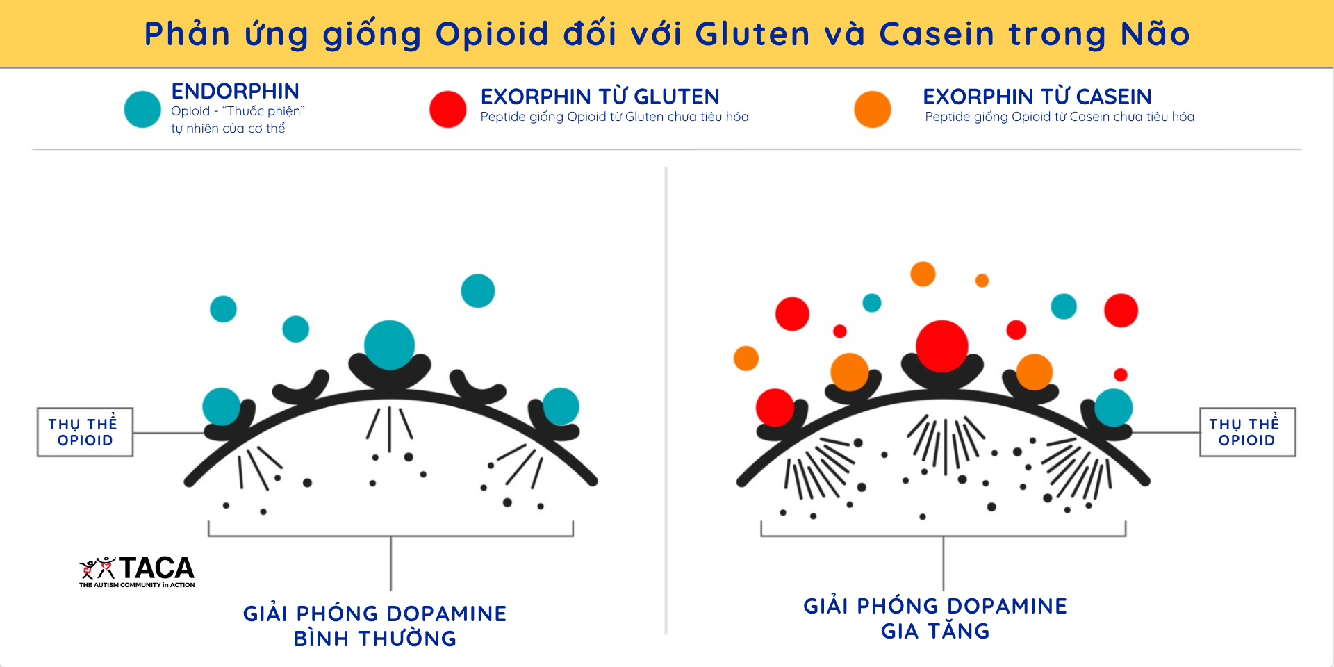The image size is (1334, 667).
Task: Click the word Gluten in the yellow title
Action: pyautogui.click(x=752, y=34)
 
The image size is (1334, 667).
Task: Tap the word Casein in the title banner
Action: pyautogui.click(x=937, y=34)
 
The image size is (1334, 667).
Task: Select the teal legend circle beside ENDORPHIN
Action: pyautogui.click(x=142, y=110)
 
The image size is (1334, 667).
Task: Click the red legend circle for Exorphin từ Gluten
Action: pyautogui.click(x=447, y=110)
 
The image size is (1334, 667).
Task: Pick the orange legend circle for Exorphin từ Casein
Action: pyautogui.click(x=872, y=110)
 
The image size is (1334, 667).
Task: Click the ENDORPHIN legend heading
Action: pyautogui.click(x=235, y=91)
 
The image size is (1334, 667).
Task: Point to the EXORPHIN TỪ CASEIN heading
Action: pyautogui.click(x=1037, y=97)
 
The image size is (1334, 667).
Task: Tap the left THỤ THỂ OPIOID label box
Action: pyautogui.click(x=85, y=432)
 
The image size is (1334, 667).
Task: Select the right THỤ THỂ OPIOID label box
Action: pyautogui.click(x=1247, y=432)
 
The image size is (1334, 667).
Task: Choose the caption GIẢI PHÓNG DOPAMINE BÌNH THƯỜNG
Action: pyautogui.click(x=375, y=626)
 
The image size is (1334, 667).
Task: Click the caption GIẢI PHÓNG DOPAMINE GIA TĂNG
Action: pyautogui.click(x=935, y=618)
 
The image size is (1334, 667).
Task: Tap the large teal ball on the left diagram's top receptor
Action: pyautogui.click(x=389, y=345)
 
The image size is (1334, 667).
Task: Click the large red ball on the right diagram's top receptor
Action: pyautogui.click(x=941, y=346)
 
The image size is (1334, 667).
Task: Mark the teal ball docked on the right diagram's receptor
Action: pyautogui.click(x=1113, y=408)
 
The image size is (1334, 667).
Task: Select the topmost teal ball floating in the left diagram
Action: pyautogui.click(x=478, y=290)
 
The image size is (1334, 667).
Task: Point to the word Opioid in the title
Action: pyautogui.click(x=492, y=34)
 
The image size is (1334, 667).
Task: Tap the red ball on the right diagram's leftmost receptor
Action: pyautogui.click(x=775, y=407)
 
